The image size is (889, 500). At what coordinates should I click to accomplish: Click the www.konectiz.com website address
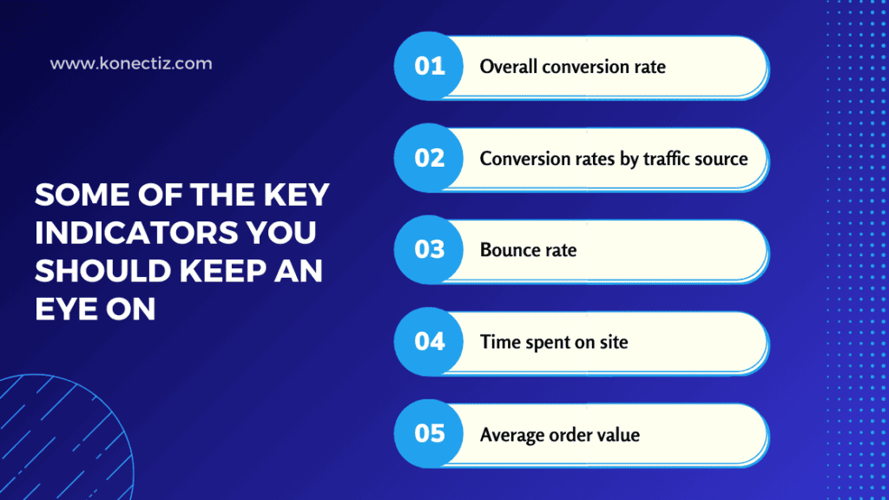(131, 63)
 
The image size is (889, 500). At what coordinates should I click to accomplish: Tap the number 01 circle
(430, 66)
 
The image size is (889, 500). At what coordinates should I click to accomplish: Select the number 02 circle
(430, 158)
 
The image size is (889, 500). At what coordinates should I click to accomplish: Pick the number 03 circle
(430, 250)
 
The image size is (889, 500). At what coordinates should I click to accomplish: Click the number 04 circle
(430, 341)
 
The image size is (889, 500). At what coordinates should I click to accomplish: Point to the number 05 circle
(430, 433)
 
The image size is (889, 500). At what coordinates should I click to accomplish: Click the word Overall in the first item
(508, 67)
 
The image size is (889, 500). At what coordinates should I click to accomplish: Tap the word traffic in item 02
(666, 159)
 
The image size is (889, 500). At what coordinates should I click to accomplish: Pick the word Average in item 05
(513, 434)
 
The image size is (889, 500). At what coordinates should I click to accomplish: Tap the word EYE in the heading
(67, 309)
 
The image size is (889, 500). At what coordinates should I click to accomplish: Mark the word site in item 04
(613, 342)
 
